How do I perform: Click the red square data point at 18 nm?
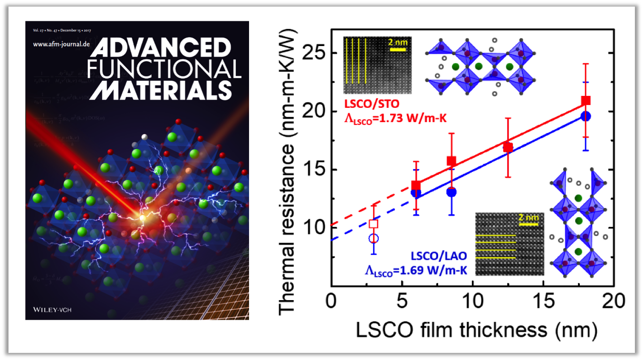tap(585, 100)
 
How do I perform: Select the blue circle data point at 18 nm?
tap(585, 116)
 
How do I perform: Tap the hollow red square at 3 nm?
tap(374, 223)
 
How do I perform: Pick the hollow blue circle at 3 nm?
tap(374, 238)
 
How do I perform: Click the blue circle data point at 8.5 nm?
tap(451, 192)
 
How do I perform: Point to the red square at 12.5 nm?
tap(508, 147)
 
